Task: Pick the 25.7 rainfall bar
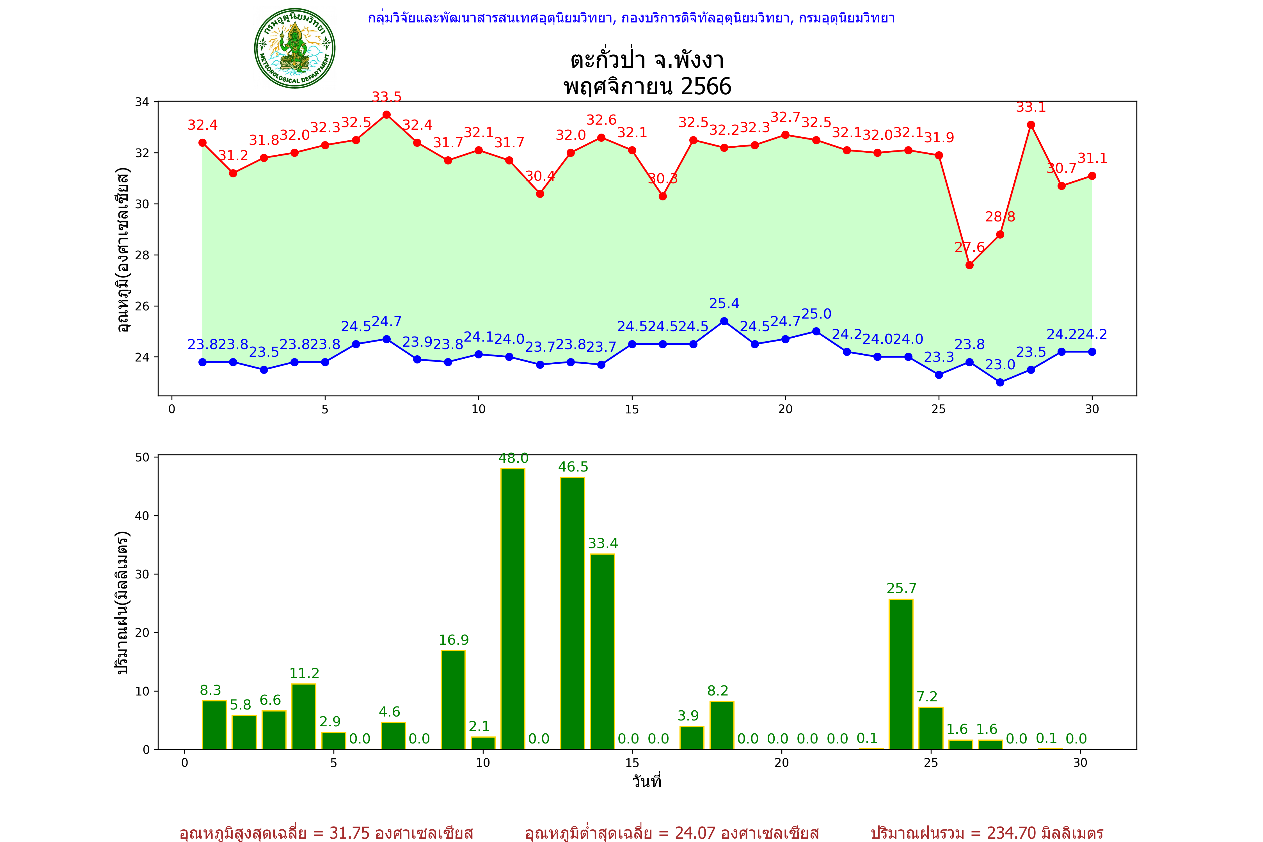tap(901, 674)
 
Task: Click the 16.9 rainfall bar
tap(453, 700)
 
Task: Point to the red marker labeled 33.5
tap(387, 115)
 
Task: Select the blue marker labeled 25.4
tap(724, 321)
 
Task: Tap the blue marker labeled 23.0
tap(1000, 382)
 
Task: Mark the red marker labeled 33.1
tap(1031, 125)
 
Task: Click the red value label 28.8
tap(1000, 217)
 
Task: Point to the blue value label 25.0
tap(816, 314)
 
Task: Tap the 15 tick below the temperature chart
tap(632, 409)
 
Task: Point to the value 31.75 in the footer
tap(350, 833)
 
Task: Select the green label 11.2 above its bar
tap(304, 673)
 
